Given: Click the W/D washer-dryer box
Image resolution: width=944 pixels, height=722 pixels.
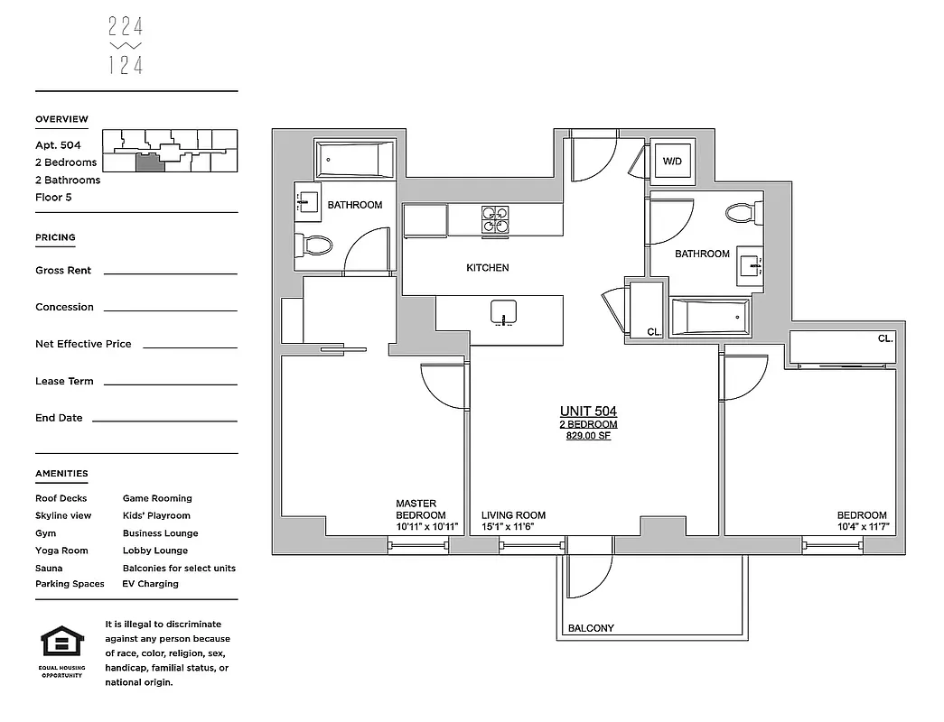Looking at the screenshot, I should point(673,162).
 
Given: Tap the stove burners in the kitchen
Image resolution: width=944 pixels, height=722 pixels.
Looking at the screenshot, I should point(494,220).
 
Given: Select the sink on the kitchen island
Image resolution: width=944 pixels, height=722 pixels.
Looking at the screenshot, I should point(503,313).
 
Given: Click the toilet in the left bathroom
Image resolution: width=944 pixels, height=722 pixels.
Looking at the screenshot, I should point(315,245).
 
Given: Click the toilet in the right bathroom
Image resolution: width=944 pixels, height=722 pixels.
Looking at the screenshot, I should point(743,214).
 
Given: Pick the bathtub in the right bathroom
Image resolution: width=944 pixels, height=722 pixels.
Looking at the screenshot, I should point(710,318).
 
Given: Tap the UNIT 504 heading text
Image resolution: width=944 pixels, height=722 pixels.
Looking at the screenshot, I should point(589,412).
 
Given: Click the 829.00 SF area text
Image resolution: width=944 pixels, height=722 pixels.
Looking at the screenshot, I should point(589,436).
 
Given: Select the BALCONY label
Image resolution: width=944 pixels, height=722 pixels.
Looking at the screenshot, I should point(591,628).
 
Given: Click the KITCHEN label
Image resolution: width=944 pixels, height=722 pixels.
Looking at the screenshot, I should point(487,268).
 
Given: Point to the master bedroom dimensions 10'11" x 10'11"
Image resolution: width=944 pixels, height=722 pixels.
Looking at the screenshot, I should point(427,527).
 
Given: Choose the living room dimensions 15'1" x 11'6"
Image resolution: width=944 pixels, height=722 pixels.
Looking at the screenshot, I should point(513,527).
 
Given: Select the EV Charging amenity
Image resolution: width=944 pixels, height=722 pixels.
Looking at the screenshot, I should point(151,584).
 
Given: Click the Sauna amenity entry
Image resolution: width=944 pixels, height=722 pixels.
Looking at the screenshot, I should point(49,569).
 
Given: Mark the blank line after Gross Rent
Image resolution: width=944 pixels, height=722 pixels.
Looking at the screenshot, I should point(170,272).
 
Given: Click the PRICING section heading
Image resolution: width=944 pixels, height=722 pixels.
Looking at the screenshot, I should point(55,237).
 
